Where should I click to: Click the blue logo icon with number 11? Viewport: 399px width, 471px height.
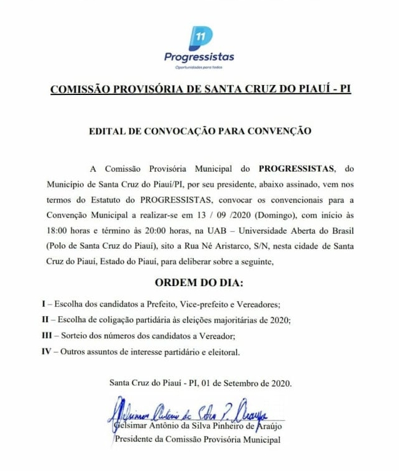click(201, 37)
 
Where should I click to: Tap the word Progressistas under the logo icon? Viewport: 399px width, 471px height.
click(199, 57)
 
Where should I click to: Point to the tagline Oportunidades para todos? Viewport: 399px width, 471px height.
click(200, 67)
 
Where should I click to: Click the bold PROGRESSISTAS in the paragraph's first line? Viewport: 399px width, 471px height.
click(297, 169)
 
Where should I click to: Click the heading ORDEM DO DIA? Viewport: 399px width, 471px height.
click(199, 284)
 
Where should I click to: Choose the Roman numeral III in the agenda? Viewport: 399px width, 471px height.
click(47, 336)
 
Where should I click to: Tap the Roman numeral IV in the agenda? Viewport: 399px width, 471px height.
click(46, 352)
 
